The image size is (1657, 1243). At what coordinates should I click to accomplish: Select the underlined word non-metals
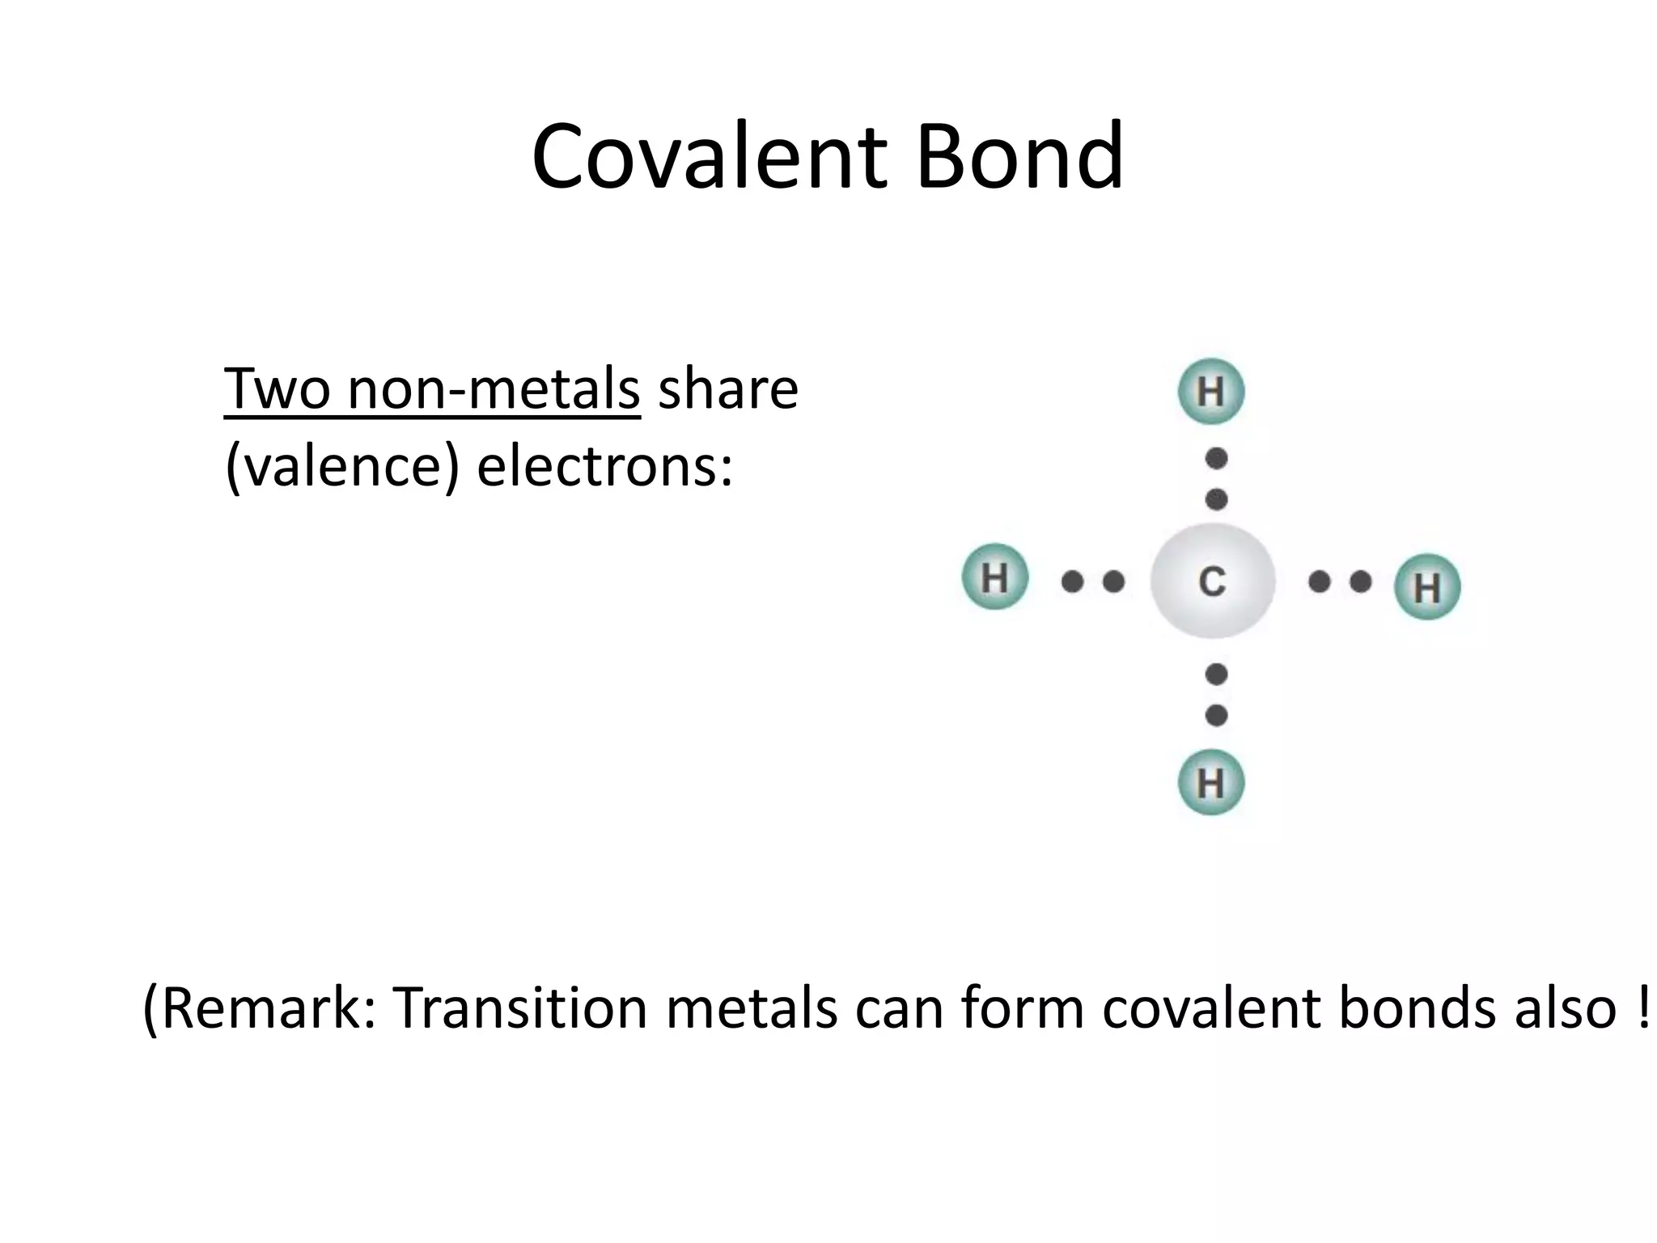click(x=494, y=389)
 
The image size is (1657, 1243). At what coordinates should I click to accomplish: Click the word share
click(x=728, y=389)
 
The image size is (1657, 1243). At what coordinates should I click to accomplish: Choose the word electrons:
click(x=604, y=467)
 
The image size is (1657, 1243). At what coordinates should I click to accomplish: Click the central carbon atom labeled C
click(x=1212, y=581)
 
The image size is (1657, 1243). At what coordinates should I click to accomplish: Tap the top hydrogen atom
click(x=1210, y=392)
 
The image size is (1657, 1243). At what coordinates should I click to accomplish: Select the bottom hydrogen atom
click(x=1210, y=783)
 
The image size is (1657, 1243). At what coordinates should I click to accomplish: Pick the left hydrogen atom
click(x=994, y=577)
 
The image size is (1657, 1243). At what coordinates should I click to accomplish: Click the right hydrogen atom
click(x=1427, y=587)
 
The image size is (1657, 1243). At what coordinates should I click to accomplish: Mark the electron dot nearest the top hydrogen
click(x=1216, y=459)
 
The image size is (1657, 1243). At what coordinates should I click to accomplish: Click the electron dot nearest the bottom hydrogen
click(x=1216, y=715)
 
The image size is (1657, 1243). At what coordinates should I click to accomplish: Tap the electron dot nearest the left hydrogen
click(x=1072, y=581)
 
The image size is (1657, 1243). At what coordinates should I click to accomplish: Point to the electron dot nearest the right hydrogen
click(x=1361, y=581)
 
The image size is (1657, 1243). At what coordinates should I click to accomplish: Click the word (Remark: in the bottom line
click(x=260, y=1008)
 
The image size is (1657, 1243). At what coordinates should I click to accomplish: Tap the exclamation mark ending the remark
click(x=1642, y=1008)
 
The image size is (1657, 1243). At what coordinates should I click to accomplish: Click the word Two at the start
click(x=277, y=389)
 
